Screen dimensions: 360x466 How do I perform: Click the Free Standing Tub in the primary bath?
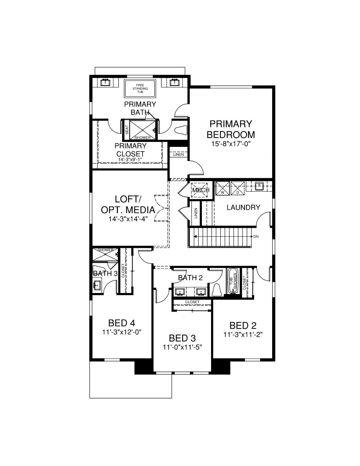pyautogui.click(x=140, y=89)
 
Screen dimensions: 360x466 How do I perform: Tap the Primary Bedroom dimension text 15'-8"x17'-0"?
pyautogui.click(x=231, y=144)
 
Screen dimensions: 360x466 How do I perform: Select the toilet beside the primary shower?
pyautogui.click(x=181, y=130)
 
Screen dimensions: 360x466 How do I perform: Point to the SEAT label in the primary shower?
pyautogui.click(x=127, y=130)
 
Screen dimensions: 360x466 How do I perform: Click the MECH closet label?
pyautogui.click(x=201, y=190)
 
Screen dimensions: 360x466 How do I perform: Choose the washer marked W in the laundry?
pyautogui.click(x=222, y=188)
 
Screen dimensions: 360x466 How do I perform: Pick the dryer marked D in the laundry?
pyautogui.click(x=238, y=188)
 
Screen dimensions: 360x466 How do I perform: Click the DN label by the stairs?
pyautogui.click(x=256, y=237)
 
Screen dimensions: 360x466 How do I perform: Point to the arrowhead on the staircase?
pyautogui.click(x=195, y=237)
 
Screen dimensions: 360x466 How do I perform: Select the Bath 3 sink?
pyautogui.click(x=97, y=285)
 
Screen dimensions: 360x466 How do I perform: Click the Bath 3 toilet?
pyautogui.click(x=99, y=270)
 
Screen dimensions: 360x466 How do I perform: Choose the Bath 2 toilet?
pyautogui.click(x=217, y=290)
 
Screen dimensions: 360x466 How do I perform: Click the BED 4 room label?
pyautogui.click(x=121, y=323)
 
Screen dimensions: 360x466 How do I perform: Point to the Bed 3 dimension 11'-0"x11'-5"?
pyautogui.click(x=182, y=347)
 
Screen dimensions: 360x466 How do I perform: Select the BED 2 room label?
pyautogui.click(x=243, y=325)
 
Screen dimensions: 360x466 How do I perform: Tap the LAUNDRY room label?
pyautogui.click(x=244, y=207)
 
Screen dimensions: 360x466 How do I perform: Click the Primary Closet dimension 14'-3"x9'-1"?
pyautogui.click(x=130, y=160)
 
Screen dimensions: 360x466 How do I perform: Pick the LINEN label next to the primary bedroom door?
pyautogui.click(x=178, y=154)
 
